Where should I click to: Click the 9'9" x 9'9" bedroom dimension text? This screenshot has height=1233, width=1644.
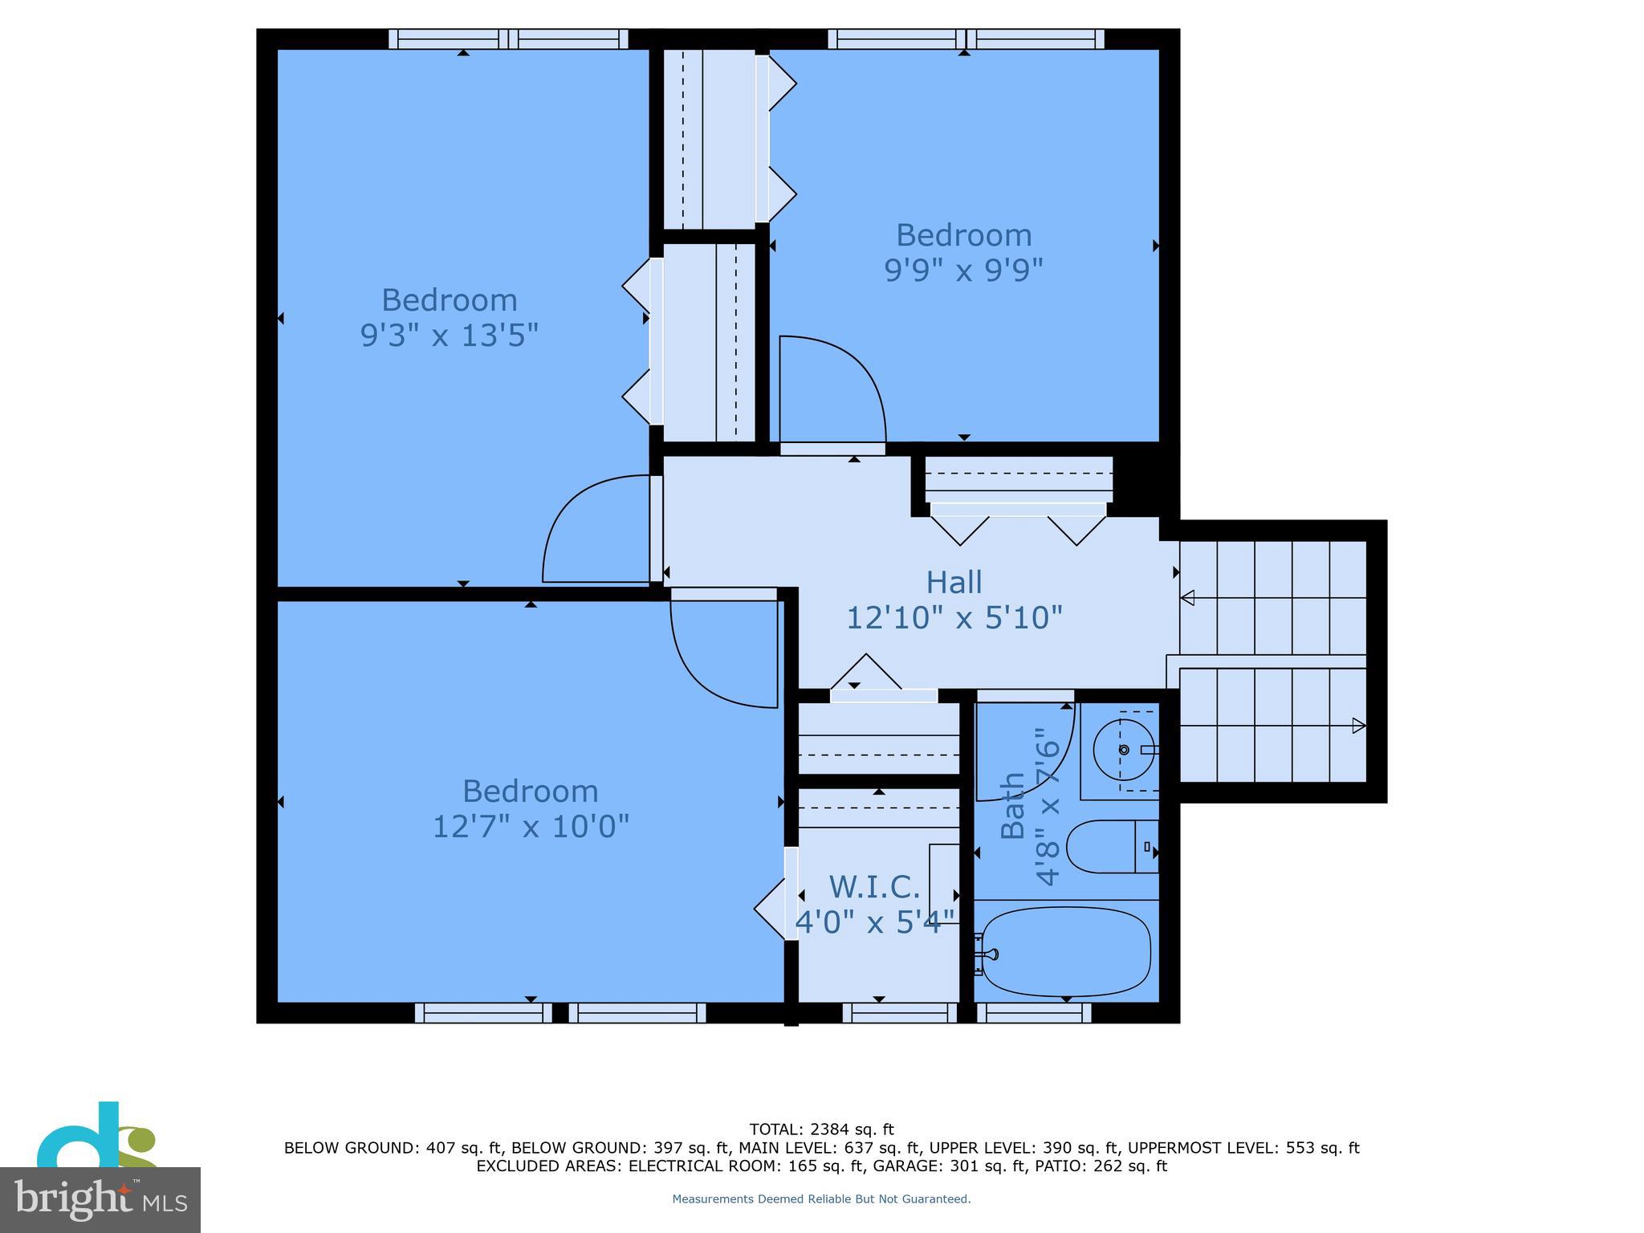point(963,271)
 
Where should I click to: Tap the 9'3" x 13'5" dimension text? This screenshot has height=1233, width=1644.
point(449,335)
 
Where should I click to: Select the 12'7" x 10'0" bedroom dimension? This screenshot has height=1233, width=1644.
point(531,826)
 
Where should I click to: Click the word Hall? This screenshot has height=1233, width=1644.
point(954,582)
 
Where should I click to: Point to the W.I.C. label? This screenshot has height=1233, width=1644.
point(874,887)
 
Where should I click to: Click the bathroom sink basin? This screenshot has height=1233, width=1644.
point(1122,749)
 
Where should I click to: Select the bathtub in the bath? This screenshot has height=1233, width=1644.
point(1066,951)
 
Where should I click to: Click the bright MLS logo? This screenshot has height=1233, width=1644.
point(100,1199)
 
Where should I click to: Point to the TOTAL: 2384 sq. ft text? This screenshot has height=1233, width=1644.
point(821,1129)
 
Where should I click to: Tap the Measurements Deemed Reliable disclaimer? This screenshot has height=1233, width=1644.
point(821,1198)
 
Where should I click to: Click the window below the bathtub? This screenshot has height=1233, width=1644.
point(1034,1013)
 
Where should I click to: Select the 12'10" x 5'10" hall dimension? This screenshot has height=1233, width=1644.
point(954,618)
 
